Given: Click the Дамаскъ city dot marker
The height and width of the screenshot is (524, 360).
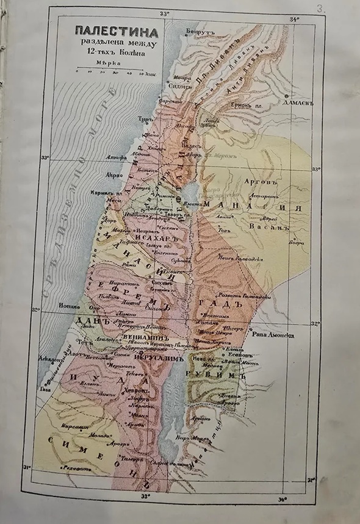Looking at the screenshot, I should pyautogui.click(x=286, y=96).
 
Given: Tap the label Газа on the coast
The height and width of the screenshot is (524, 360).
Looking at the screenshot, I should pyautogui.click(x=45, y=389).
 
